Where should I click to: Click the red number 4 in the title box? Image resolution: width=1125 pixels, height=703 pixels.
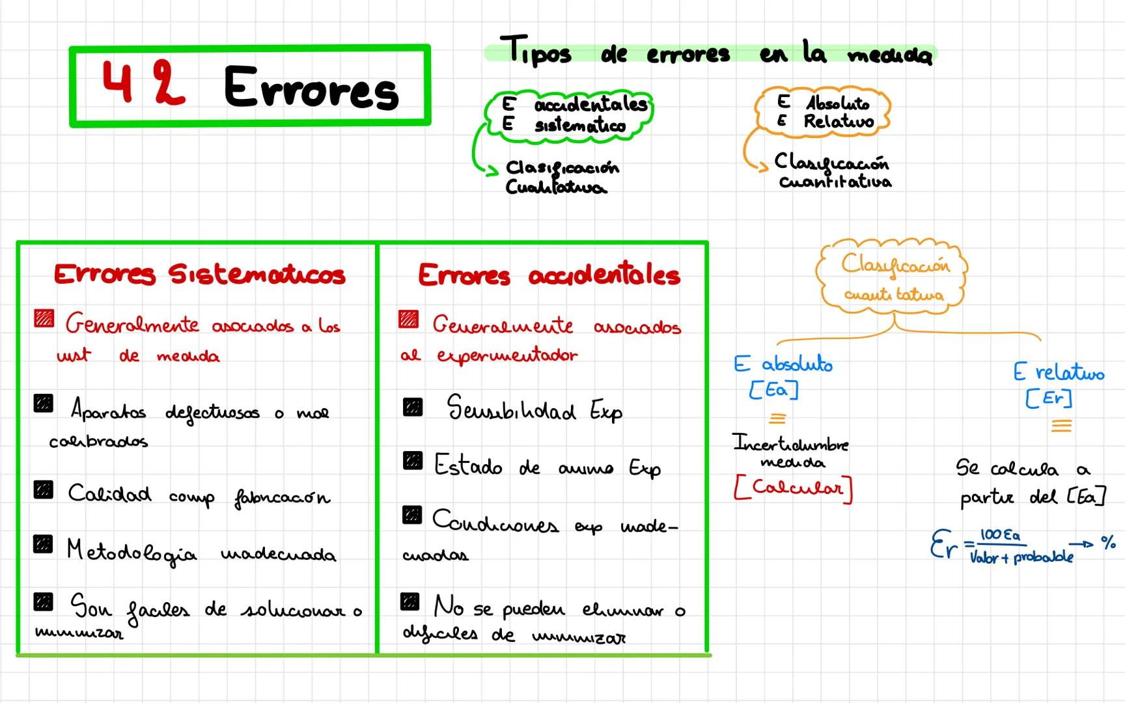(118, 83)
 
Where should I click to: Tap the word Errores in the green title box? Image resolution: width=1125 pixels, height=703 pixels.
(311, 88)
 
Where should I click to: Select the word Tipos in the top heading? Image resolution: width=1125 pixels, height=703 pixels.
(536, 51)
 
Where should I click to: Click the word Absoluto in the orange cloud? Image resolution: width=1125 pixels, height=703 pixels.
(837, 103)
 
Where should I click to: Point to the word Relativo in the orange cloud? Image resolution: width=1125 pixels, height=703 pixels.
(839, 121)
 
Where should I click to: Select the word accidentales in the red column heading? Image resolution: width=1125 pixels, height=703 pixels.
(604, 275)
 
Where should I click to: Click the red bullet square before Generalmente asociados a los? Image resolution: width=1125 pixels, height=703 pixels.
(44, 319)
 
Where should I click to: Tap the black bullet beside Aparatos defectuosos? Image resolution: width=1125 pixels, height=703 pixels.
(44, 404)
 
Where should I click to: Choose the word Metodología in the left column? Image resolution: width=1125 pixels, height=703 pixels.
(132, 552)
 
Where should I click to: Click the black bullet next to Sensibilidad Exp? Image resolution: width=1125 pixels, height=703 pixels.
(413, 407)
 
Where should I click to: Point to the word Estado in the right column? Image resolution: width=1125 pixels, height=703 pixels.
(468, 465)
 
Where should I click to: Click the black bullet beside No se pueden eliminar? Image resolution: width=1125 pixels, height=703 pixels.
(410, 601)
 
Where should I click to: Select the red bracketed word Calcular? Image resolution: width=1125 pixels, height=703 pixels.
(793, 488)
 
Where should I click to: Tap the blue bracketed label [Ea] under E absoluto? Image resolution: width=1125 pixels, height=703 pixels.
(773, 390)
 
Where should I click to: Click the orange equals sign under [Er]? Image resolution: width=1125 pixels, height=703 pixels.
(1061, 426)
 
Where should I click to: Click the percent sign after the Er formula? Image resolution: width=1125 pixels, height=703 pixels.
(1108, 542)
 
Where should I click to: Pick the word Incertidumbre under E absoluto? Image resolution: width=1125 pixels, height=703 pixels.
(790, 444)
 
